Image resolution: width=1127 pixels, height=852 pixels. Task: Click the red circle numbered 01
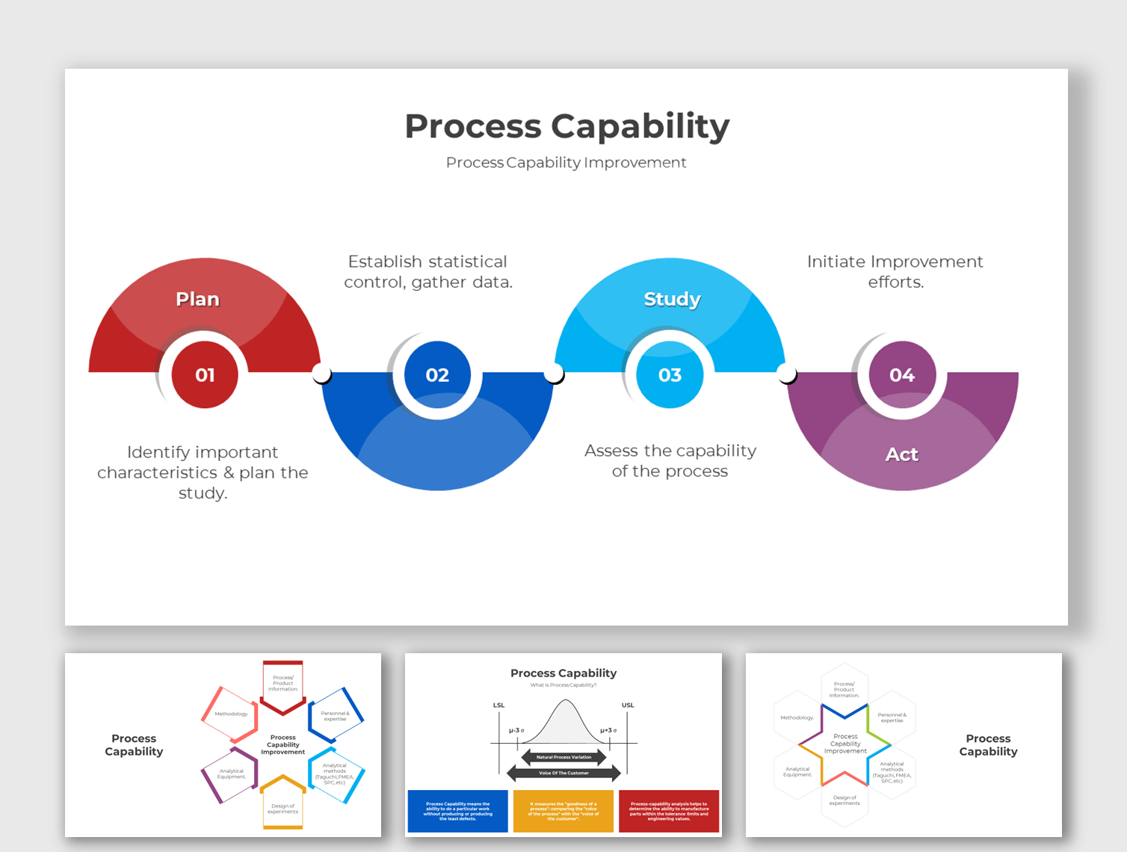[x=205, y=374]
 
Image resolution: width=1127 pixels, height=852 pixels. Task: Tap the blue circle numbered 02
[x=437, y=374]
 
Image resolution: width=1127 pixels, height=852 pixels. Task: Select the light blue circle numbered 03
[x=670, y=374]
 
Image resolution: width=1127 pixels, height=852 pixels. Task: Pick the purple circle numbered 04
[x=902, y=374]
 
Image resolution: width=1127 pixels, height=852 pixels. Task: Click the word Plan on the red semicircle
[x=197, y=299]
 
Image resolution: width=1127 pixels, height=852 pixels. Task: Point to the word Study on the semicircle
[x=672, y=299]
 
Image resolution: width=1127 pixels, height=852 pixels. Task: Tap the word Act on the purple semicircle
[x=902, y=454]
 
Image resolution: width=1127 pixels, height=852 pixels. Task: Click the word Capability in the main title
[x=640, y=126]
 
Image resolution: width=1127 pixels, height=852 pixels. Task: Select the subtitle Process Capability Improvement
[x=566, y=162]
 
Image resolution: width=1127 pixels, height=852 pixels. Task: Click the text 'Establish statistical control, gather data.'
[x=428, y=271]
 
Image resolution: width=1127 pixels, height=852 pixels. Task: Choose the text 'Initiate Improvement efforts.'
[x=895, y=271]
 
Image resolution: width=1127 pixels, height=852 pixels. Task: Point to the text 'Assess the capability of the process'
[x=670, y=460]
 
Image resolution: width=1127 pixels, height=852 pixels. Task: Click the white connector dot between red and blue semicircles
[x=321, y=373]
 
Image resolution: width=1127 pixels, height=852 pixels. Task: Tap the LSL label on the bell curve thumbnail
[x=498, y=705]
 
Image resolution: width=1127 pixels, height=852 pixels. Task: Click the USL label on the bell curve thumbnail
[x=628, y=705]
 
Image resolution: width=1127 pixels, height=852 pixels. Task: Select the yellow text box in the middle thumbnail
[x=563, y=811]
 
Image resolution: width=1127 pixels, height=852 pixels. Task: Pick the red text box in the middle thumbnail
[x=669, y=811]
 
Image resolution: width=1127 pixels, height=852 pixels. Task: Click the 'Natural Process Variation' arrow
[x=563, y=757]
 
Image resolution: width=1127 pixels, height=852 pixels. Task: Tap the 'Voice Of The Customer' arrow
[x=563, y=773]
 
